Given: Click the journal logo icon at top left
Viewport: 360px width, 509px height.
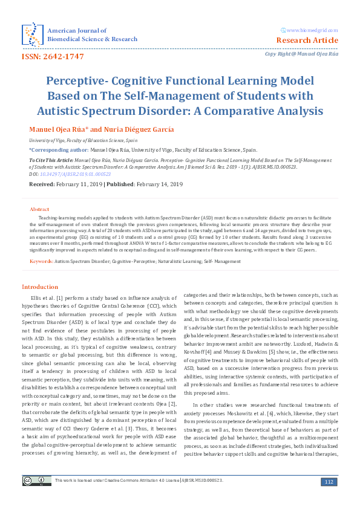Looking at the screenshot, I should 31,34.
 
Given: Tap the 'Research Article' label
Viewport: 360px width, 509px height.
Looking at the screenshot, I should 307,41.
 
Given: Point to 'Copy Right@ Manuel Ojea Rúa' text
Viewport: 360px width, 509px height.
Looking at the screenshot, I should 301,54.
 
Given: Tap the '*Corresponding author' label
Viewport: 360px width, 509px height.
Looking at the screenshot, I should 57,148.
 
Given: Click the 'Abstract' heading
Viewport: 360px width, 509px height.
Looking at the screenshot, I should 39,209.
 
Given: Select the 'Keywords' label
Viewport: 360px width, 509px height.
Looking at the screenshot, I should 41,261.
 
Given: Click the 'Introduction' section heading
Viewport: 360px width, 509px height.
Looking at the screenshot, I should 40,287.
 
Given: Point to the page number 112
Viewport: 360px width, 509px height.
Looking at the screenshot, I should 329,481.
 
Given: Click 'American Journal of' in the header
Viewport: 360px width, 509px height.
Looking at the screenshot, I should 77,30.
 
